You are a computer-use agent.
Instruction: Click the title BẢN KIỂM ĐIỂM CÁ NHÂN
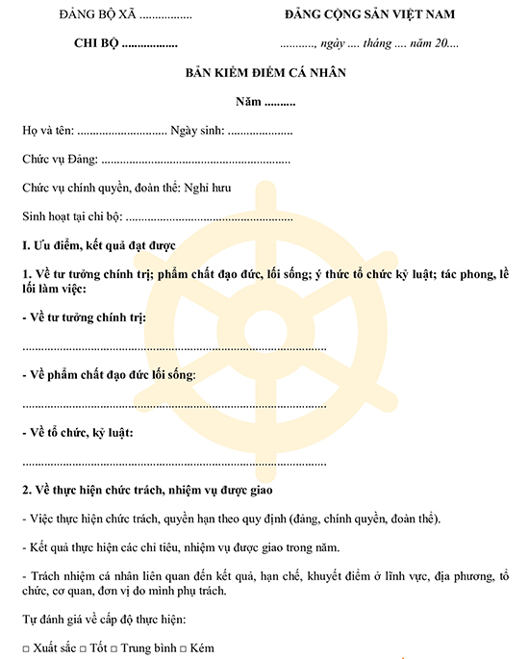click(x=264, y=72)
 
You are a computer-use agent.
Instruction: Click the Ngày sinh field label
click(x=197, y=131)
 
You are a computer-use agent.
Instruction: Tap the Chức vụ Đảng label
click(x=59, y=160)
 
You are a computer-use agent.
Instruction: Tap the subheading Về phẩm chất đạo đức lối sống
click(x=109, y=374)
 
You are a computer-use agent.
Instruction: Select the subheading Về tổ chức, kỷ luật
click(x=77, y=432)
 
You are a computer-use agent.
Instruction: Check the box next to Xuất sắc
click(x=25, y=644)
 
